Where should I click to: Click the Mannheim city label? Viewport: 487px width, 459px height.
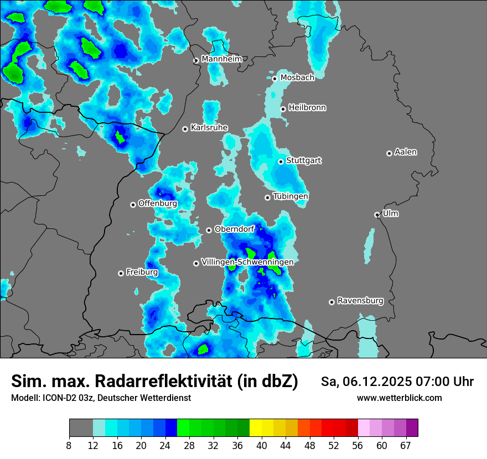click(x=222, y=59)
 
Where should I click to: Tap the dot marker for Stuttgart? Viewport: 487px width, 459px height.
click(x=281, y=161)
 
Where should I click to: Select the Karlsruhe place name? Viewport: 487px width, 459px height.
click(x=209, y=128)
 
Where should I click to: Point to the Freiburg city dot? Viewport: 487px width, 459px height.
click(x=121, y=273)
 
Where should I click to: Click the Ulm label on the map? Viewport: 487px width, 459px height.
click(x=390, y=213)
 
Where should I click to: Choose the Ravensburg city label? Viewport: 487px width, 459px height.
click(x=360, y=301)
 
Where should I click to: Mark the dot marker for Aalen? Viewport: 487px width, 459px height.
click(x=389, y=153)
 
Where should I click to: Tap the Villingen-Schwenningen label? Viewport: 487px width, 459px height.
click(x=247, y=262)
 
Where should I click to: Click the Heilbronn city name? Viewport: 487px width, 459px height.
click(x=307, y=108)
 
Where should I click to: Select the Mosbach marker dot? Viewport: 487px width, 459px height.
click(x=274, y=79)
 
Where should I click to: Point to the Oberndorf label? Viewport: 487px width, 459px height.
click(x=234, y=229)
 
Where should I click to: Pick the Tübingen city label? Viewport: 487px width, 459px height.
click(x=291, y=196)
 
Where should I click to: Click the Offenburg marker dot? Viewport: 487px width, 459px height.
click(x=133, y=205)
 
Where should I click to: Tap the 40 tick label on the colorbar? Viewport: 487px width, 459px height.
click(x=262, y=446)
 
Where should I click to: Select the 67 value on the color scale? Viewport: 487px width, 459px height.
click(x=406, y=446)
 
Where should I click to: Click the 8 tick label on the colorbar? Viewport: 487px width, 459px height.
click(x=69, y=446)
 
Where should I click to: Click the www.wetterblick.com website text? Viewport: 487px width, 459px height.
click(x=400, y=398)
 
